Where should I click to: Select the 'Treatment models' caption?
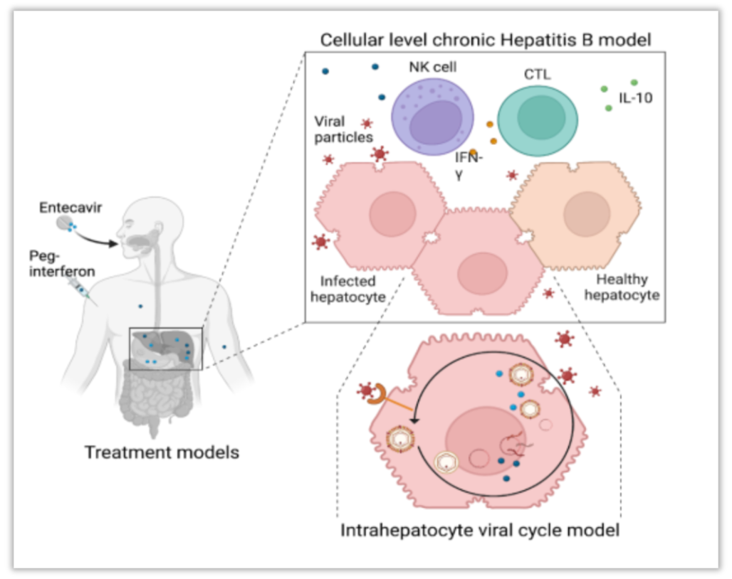(x=162, y=452)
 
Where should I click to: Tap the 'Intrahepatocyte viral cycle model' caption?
(x=480, y=531)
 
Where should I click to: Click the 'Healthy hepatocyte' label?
(x=622, y=287)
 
